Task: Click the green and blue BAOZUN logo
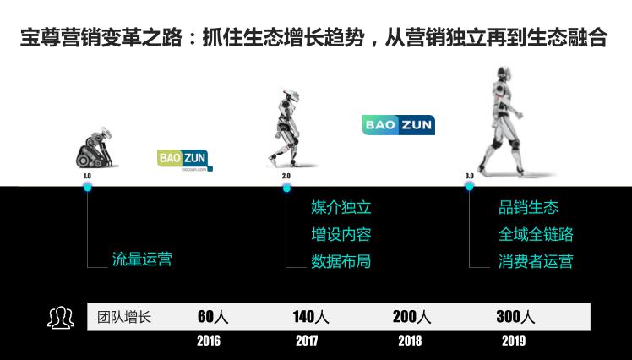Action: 185,160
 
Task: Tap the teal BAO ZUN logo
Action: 399,125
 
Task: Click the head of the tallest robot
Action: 504,74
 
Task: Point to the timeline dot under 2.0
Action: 286,188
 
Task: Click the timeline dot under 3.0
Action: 469,186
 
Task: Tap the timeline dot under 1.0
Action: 88,187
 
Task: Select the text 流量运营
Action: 142,259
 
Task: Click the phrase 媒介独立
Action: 341,207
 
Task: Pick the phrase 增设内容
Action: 341,234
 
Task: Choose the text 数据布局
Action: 341,261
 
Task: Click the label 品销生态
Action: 528,207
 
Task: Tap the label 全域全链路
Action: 536,234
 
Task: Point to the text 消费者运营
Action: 536,261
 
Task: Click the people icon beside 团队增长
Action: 61,318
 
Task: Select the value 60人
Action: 213,317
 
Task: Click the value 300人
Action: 515,317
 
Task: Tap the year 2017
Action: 307,341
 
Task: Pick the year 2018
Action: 410,341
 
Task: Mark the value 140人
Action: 311,317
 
